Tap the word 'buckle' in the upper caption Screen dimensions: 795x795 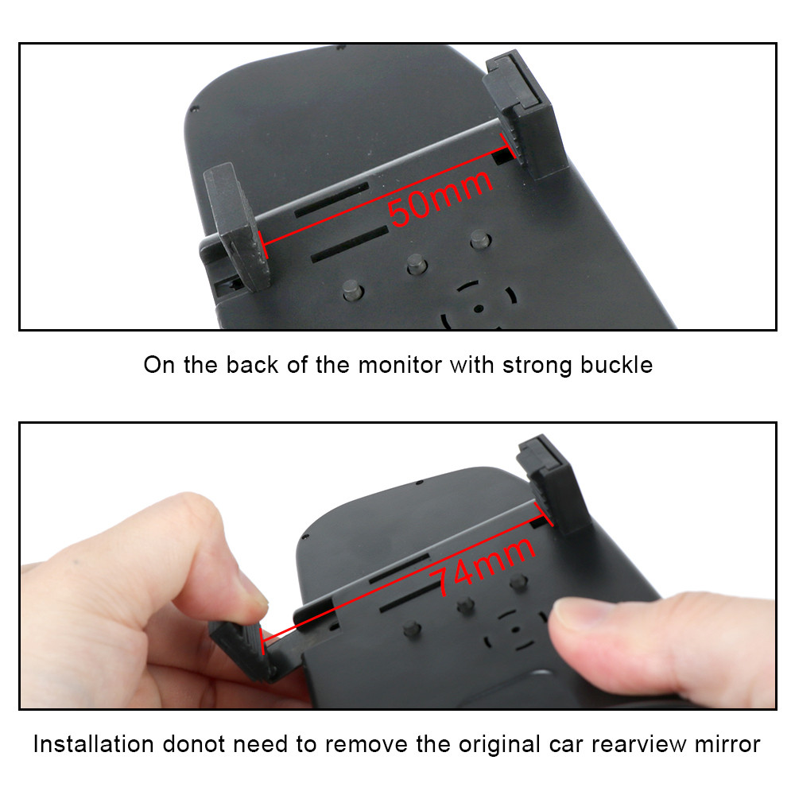[x=616, y=365]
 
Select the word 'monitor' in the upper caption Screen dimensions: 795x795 [x=401, y=365]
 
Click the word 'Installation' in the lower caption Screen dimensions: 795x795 [x=93, y=744]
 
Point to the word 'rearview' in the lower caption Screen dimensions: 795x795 [x=638, y=744]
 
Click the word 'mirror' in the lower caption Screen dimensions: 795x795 [x=727, y=744]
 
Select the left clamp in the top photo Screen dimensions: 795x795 [x=236, y=227]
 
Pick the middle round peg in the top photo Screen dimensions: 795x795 [x=417, y=264]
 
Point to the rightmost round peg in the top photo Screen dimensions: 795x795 [x=479, y=239]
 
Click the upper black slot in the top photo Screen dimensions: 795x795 [x=332, y=200]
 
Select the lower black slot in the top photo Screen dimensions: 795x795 [x=350, y=244]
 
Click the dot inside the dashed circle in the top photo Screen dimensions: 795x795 [x=479, y=308]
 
